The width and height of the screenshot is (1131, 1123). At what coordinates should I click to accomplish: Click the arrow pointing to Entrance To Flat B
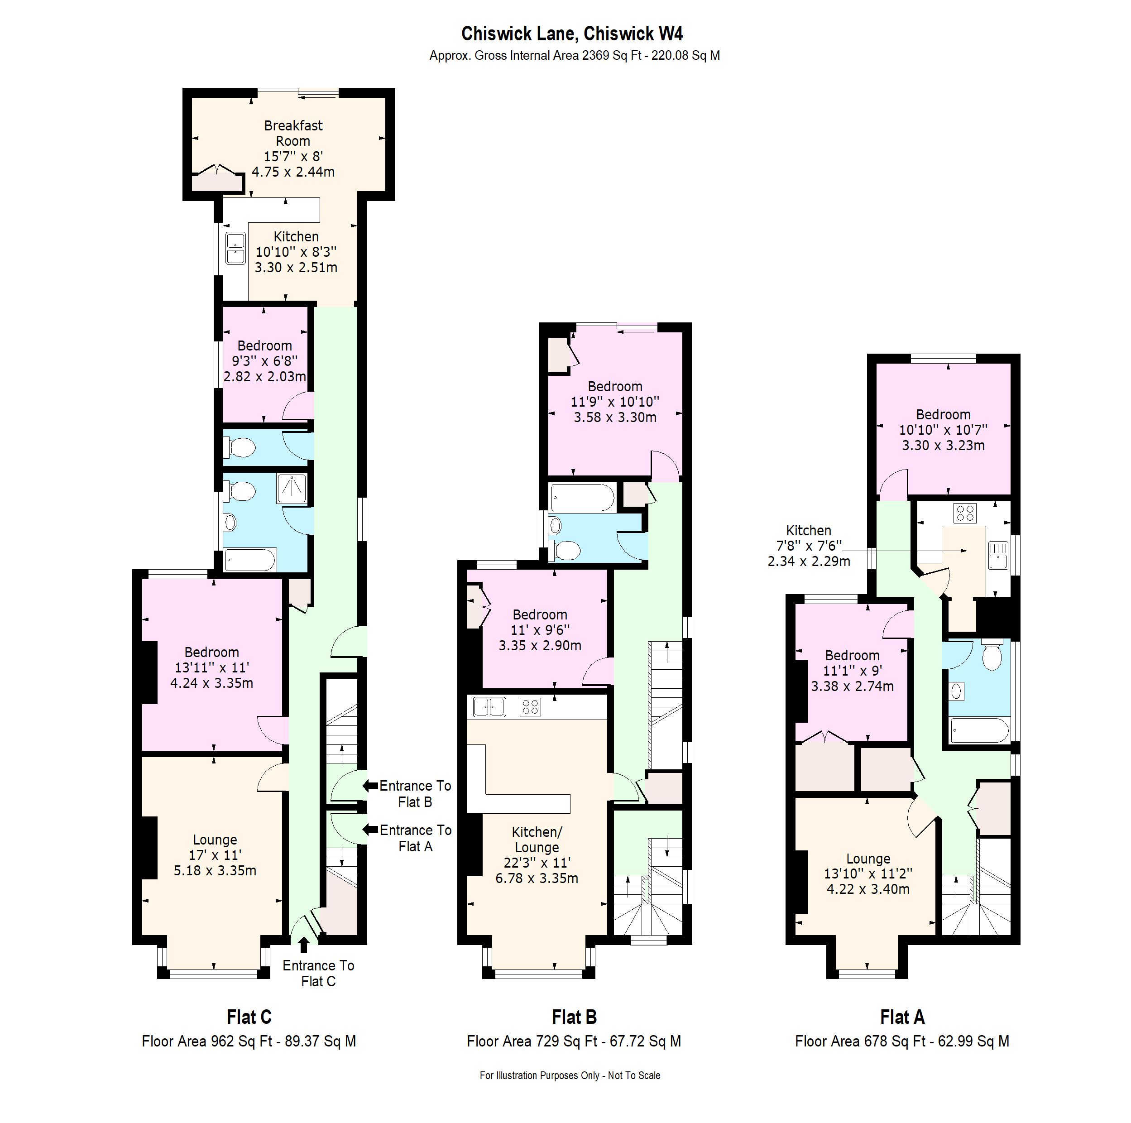pyautogui.click(x=370, y=786)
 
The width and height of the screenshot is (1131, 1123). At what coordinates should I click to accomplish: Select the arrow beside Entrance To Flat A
pyautogui.click(x=370, y=830)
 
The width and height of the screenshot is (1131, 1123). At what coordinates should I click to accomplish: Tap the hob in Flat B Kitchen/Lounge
pyautogui.click(x=530, y=707)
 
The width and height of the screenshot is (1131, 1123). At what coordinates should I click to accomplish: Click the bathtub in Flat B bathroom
pyautogui.click(x=582, y=498)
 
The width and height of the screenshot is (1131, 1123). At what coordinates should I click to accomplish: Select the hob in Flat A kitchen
pyautogui.click(x=964, y=514)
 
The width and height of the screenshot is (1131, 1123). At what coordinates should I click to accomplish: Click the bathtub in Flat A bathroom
pyautogui.click(x=979, y=731)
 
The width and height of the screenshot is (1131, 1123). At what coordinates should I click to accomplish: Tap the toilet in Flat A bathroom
pyautogui.click(x=992, y=657)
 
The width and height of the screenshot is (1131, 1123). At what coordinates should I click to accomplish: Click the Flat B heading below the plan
pyautogui.click(x=574, y=1017)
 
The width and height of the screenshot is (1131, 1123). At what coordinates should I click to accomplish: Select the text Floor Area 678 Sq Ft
pyautogui.click(x=860, y=1041)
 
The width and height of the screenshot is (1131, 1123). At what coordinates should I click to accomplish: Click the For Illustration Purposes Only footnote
pyautogui.click(x=570, y=1075)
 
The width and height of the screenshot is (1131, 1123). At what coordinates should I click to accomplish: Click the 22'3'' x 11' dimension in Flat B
pyautogui.click(x=537, y=863)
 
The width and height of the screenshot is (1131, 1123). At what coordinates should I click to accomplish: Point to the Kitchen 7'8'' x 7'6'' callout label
pyautogui.click(x=809, y=546)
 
